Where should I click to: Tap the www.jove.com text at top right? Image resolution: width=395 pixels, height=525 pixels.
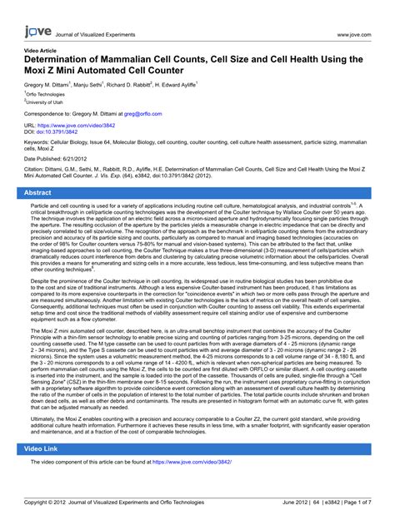(353, 36)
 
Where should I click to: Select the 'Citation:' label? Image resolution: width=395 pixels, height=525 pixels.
(39, 171)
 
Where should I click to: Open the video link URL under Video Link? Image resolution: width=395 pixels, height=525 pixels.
(192, 461)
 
